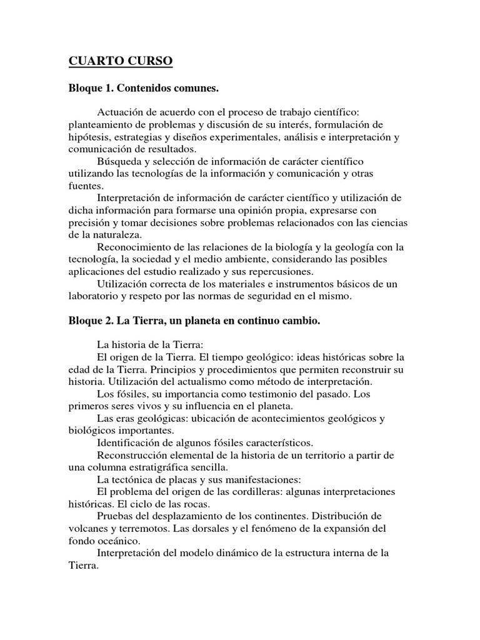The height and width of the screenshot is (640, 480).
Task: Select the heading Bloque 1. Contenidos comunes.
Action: click(144, 89)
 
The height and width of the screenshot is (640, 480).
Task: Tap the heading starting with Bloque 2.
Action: click(194, 321)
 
